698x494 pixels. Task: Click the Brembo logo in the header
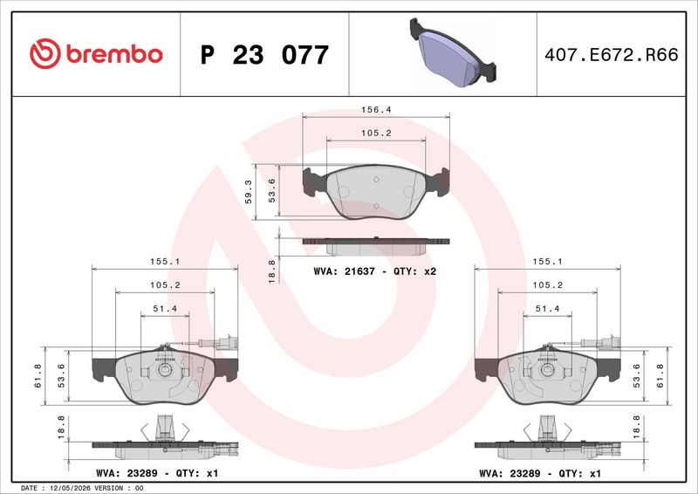click(96, 54)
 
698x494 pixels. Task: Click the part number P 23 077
click(264, 55)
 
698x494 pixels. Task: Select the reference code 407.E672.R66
click(612, 55)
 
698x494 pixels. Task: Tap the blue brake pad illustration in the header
click(453, 51)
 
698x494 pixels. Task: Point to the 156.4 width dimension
click(376, 110)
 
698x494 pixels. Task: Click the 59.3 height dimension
click(249, 191)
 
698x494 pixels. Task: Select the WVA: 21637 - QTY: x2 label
click(375, 271)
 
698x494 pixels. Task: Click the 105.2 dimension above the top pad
click(376, 134)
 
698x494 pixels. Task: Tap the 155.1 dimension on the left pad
click(165, 262)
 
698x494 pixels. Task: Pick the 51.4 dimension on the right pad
click(547, 309)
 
